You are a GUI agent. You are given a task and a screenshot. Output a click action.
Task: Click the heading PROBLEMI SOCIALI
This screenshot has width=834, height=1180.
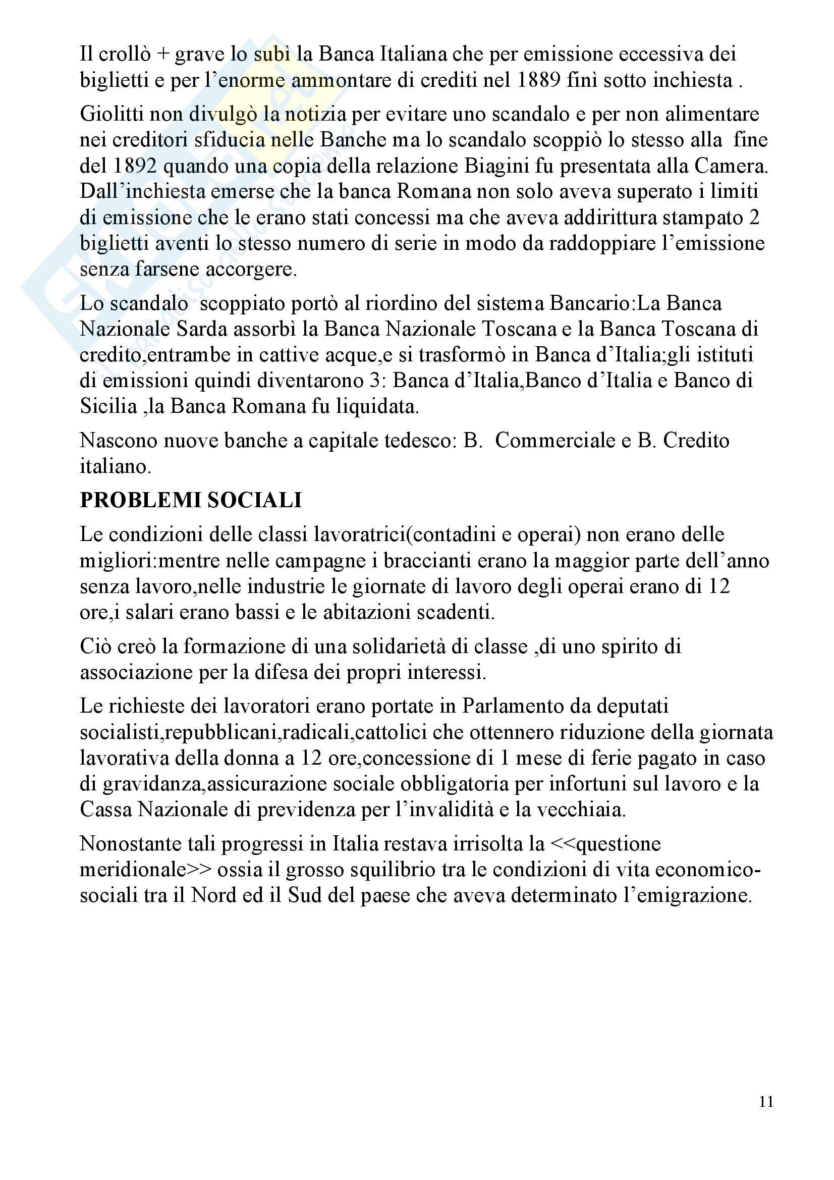(x=191, y=500)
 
